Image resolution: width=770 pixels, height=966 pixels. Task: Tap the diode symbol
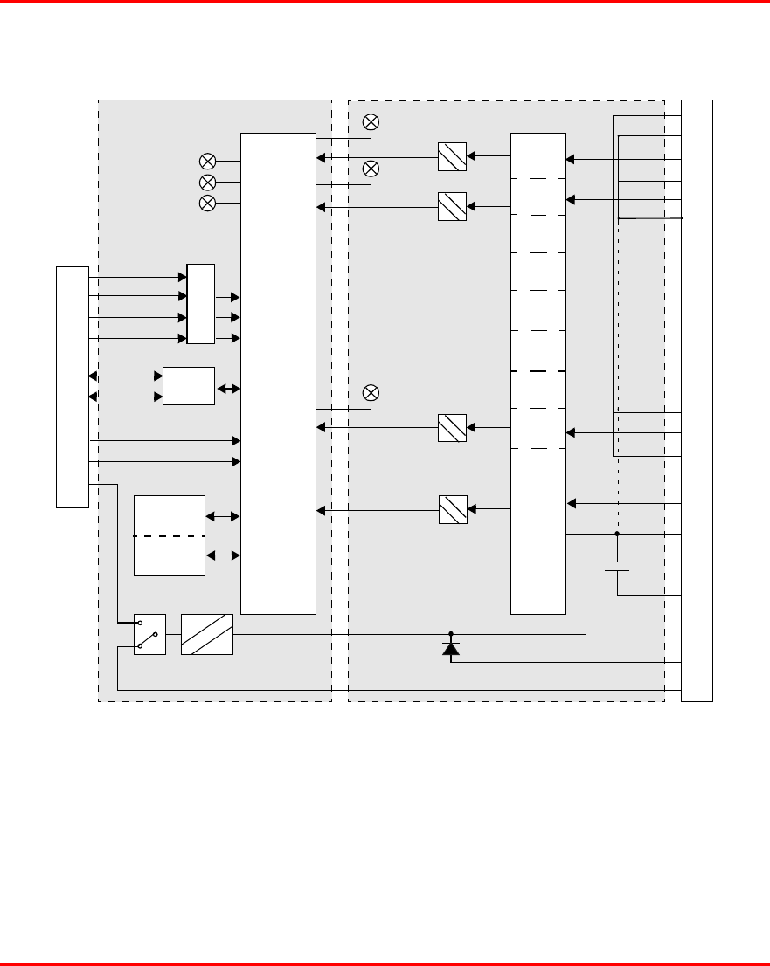point(451,647)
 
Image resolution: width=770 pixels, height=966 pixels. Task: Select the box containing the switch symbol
point(149,634)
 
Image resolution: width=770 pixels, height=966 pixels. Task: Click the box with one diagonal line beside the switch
point(207,634)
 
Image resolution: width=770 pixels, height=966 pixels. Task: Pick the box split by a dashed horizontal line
point(170,535)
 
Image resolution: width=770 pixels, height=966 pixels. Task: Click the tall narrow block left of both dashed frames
point(73,386)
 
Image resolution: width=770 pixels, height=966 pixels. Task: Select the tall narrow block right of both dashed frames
point(697,401)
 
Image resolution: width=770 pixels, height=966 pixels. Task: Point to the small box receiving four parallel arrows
point(200,303)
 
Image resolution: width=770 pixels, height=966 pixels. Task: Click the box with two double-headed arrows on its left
point(189,386)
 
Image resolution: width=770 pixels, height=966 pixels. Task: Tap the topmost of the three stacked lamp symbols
point(208,161)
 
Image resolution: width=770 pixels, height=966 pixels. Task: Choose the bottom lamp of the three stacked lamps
point(208,204)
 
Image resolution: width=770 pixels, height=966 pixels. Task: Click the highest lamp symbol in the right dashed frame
point(371,122)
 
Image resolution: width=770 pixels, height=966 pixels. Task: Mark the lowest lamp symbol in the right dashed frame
point(371,393)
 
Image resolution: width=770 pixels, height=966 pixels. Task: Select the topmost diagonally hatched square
point(452,157)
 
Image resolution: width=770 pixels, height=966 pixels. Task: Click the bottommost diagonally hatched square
point(452,509)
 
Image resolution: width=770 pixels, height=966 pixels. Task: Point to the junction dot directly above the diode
point(451,634)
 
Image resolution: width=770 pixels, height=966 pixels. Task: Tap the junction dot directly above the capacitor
point(617,533)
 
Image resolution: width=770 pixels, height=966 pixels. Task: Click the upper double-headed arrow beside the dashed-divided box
point(222,517)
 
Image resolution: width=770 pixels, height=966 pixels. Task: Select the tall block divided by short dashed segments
point(538,374)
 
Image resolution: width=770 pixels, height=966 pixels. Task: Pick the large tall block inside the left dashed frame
point(278,374)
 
